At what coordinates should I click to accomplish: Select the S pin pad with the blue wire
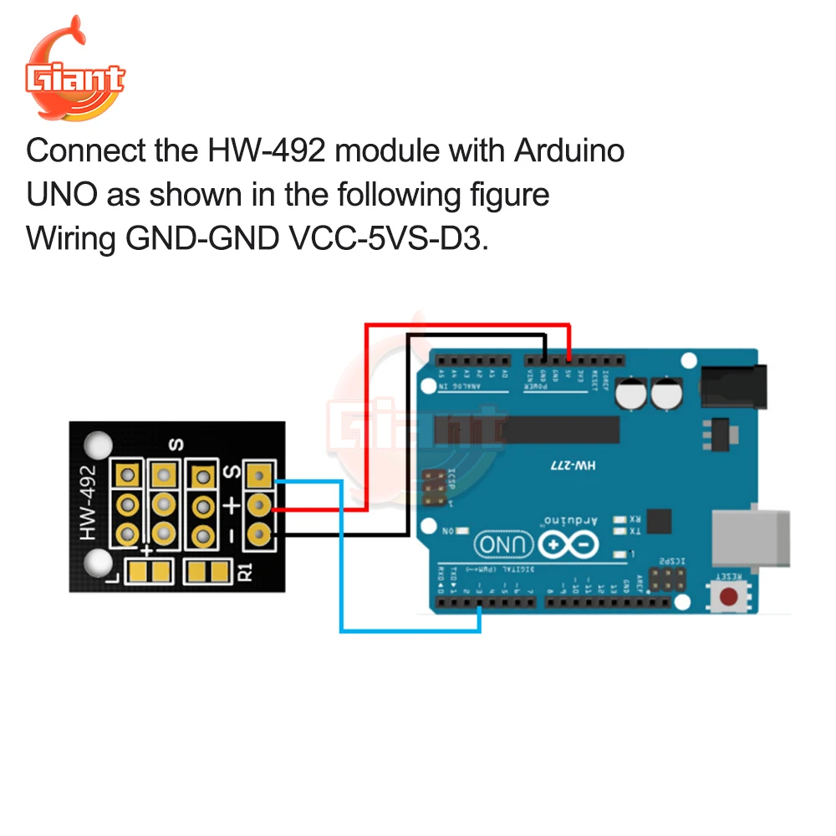coord(259,477)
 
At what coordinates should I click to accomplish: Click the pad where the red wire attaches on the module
coord(259,505)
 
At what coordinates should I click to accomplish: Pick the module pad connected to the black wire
coord(259,532)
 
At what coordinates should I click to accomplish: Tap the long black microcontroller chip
coord(535,430)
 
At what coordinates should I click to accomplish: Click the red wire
coord(366,418)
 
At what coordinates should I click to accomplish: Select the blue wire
coord(341,568)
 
